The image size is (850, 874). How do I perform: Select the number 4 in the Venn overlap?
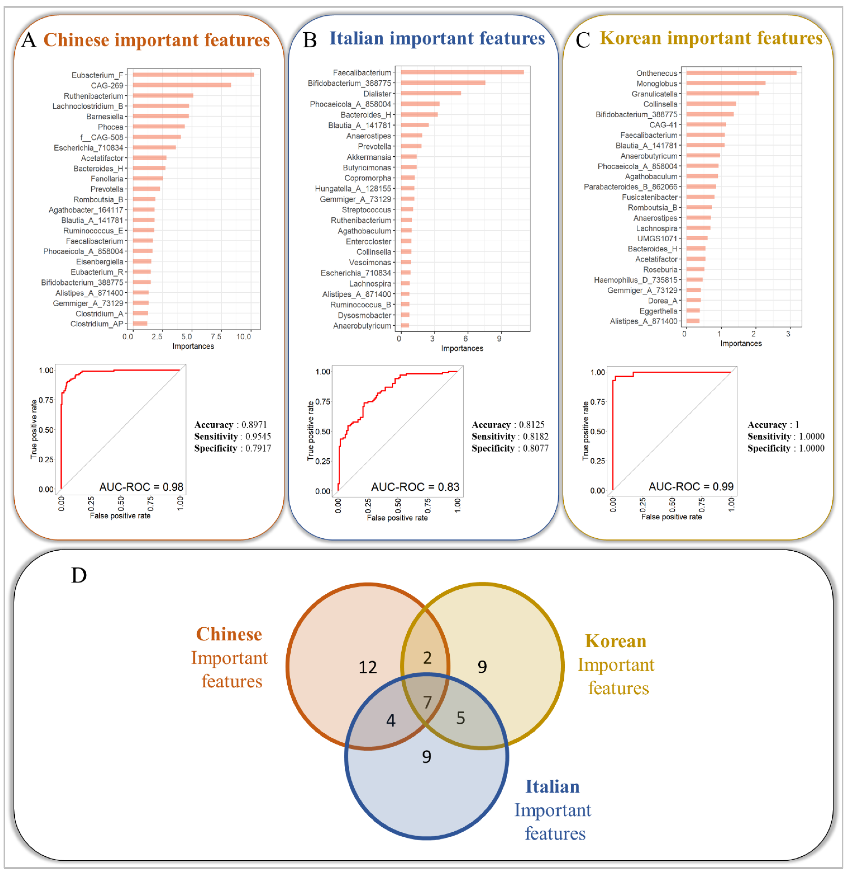tap(391, 720)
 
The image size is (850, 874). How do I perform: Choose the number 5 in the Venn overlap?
tap(460, 718)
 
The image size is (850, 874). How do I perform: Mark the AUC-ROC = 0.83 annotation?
tap(415, 487)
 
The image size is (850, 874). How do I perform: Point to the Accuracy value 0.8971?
tap(254, 424)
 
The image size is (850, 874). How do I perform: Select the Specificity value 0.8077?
tap(535, 448)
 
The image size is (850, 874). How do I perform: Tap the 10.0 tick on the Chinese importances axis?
tap(244, 336)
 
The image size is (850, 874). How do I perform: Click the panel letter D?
tap(79, 575)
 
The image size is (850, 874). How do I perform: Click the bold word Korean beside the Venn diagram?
tap(615, 641)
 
